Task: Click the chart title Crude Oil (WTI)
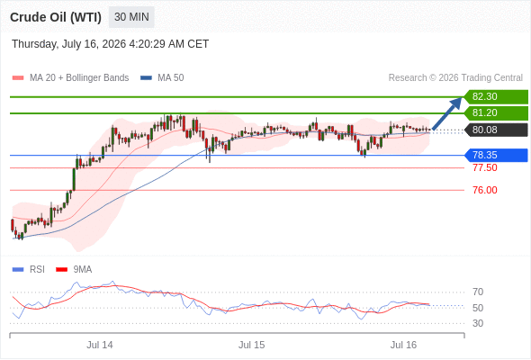(56, 17)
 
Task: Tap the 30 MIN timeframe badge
(131, 17)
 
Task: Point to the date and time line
(111, 44)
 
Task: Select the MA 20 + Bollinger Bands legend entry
(70, 78)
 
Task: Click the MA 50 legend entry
(162, 78)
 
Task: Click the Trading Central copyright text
(455, 78)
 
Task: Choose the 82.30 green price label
(496, 97)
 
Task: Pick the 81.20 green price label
(496, 113)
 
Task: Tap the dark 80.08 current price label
(496, 130)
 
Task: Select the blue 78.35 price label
(496, 155)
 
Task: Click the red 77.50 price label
(485, 167)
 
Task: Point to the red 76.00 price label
(485, 190)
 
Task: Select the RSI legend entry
(29, 270)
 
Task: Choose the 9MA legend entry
(74, 270)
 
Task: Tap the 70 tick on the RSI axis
(478, 292)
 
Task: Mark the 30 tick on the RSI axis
(478, 323)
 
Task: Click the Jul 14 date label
(100, 345)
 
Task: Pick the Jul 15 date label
(251, 345)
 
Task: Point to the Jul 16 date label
(403, 345)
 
